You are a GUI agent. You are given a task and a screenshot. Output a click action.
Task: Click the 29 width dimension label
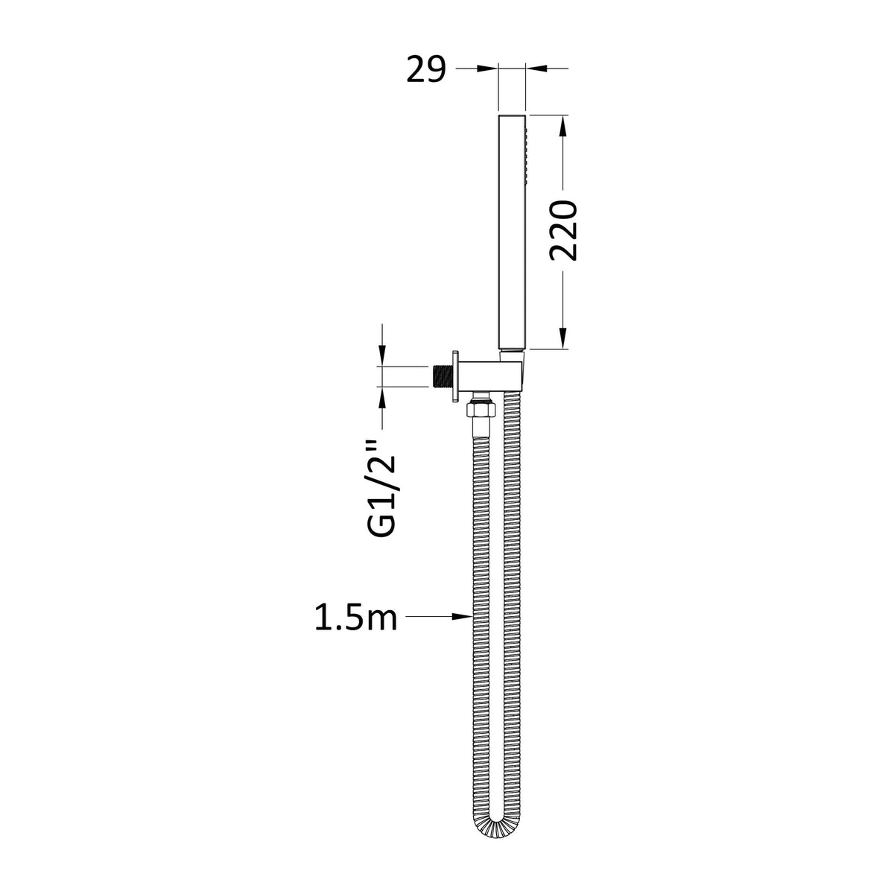click(x=426, y=69)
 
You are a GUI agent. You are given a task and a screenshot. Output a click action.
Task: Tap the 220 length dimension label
click(x=562, y=230)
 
